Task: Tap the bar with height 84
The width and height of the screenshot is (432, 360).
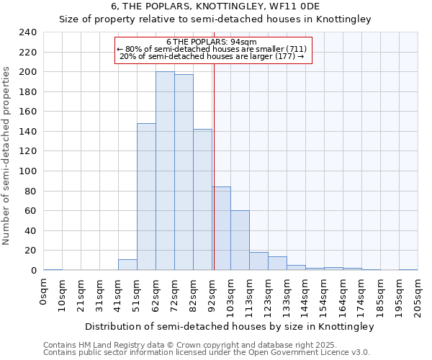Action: pyautogui.click(x=221, y=228)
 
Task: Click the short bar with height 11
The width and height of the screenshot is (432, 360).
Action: pyautogui.click(x=127, y=264)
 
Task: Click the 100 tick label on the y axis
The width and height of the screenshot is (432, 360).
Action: pyautogui.click(x=27, y=171)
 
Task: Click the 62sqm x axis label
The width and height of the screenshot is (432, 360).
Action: pyautogui.click(x=156, y=293)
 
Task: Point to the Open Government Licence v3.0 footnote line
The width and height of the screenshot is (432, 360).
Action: pyautogui.click(x=207, y=353)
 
